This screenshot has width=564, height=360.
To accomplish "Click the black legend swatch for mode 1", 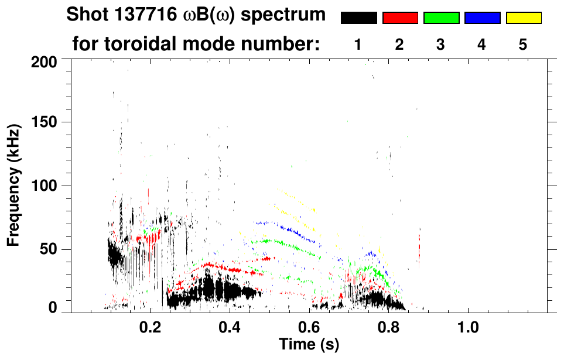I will click(358, 18).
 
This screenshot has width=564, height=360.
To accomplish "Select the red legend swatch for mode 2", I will click(400, 18).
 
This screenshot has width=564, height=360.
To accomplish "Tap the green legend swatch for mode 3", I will click(441, 18).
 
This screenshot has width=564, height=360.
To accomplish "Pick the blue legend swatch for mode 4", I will click(482, 18).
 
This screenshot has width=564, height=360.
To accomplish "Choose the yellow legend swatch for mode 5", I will click(523, 18).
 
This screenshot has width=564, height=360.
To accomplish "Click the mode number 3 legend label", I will click(440, 45).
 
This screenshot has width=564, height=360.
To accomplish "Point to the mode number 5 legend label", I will click(523, 45).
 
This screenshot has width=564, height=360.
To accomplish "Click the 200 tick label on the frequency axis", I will click(48, 61).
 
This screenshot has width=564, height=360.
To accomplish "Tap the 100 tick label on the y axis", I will click(48, 186).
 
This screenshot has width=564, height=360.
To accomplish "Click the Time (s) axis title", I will click(309, 345).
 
